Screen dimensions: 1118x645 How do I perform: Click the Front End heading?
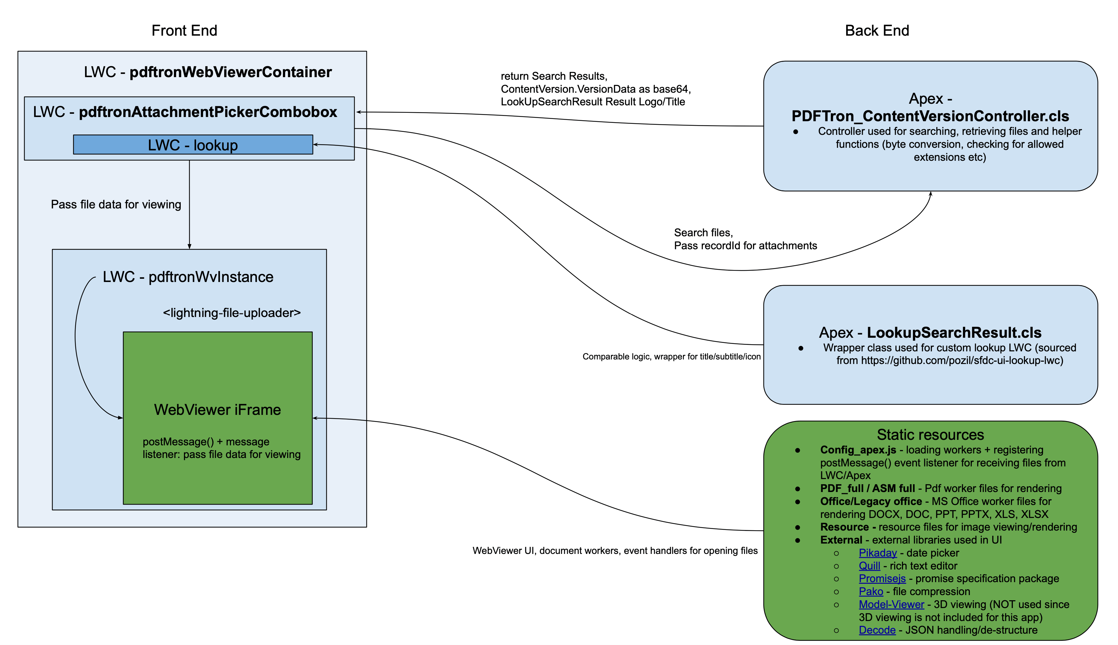click(x=184, y=30)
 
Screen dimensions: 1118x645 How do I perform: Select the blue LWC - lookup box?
click(x=193, y=145)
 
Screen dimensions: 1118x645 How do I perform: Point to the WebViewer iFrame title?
click(x=217, y=409)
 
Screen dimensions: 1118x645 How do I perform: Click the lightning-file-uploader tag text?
click(x=231, y=313)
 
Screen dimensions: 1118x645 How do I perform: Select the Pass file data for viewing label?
click(x=116, y=204)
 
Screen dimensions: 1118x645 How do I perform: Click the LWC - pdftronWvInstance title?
click(x=188, y=277)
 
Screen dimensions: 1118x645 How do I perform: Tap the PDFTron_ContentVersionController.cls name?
click(x=930, y=116)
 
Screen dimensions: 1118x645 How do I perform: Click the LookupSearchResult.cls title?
click(x=954, y=332)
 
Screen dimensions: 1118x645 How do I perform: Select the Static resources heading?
click(x=930, y=435)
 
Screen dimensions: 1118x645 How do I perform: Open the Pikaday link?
click(x=877, y=553)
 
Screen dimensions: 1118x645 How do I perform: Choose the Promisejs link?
click(x=882, y=579)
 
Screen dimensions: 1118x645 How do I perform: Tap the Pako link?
click(x=871, y=592)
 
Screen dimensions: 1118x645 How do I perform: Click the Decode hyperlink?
click(x=877, y=630)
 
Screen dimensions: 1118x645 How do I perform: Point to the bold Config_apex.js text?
click(x=858, y=450)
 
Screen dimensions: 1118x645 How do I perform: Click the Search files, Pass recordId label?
click(x=745, y=239)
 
